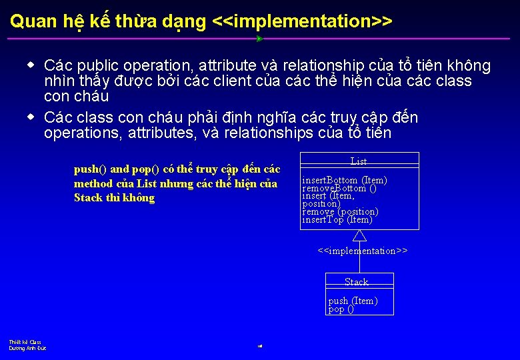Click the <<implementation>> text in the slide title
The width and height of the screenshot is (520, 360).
301,21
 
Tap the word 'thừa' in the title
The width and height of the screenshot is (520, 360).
136,21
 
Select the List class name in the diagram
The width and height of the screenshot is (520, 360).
359,161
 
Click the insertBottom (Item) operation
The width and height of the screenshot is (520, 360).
344,180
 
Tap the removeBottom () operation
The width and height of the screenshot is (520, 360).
339,188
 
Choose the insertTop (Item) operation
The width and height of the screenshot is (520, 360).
337,220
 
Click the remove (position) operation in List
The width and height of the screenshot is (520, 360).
340,212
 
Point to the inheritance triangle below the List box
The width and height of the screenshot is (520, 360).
359,235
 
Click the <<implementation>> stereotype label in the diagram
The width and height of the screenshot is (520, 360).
362,251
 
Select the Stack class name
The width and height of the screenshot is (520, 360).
357,282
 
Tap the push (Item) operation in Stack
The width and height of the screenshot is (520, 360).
353,301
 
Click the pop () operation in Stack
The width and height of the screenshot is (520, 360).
341,309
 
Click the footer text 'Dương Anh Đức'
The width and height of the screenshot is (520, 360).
27,348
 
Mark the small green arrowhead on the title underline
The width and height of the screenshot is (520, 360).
259,39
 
